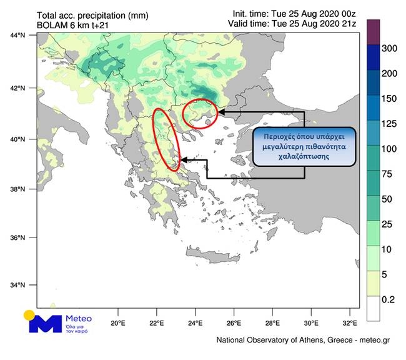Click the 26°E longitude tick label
coord(234,324)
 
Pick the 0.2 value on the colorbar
coord(389,300)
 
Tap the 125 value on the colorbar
coord(389,124)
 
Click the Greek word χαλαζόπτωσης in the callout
coord(304,157)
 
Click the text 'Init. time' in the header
coord(250,12)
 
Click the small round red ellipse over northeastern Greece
coord(201,113)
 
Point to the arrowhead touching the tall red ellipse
coord(182,160)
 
